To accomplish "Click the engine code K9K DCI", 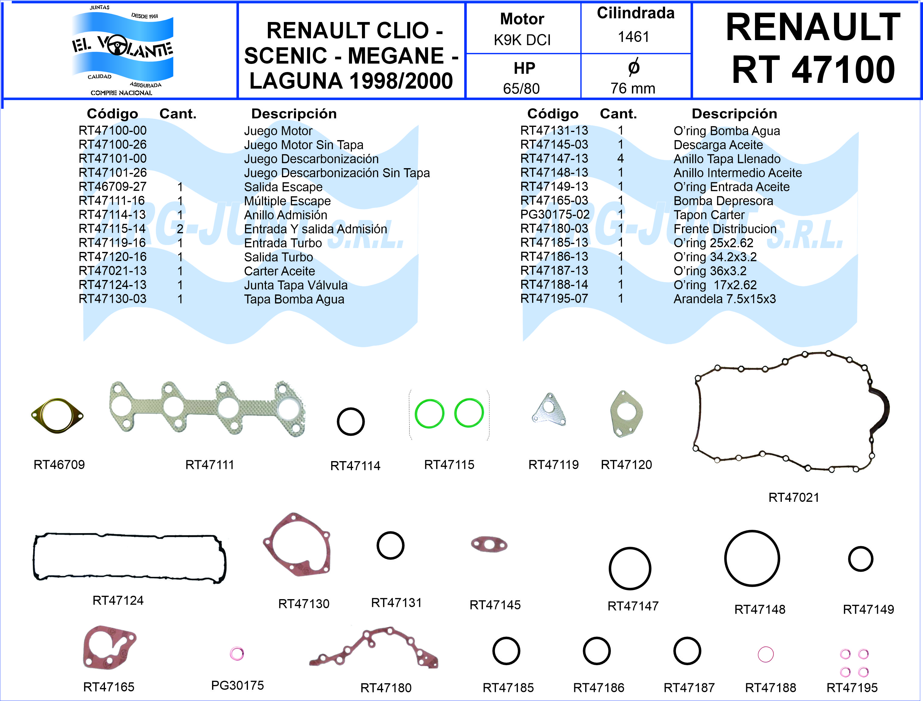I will click(x=522, y=40).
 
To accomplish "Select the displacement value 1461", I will click(x=633, y=37).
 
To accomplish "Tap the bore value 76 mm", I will click(x=633, y=89).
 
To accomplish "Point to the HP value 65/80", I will click(x=521, y=89).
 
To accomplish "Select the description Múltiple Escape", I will click(x=287, y=201).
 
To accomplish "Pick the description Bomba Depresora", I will click(x=723, y=201).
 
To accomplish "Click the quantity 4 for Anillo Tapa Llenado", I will click(x=621, y=159).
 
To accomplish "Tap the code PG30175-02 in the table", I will click(x=555, y=215).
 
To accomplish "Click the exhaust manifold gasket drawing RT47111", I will click(x=207, y=409).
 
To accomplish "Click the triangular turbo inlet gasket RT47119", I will click(x=549, y=409).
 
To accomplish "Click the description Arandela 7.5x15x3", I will click(x=725, y=299).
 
